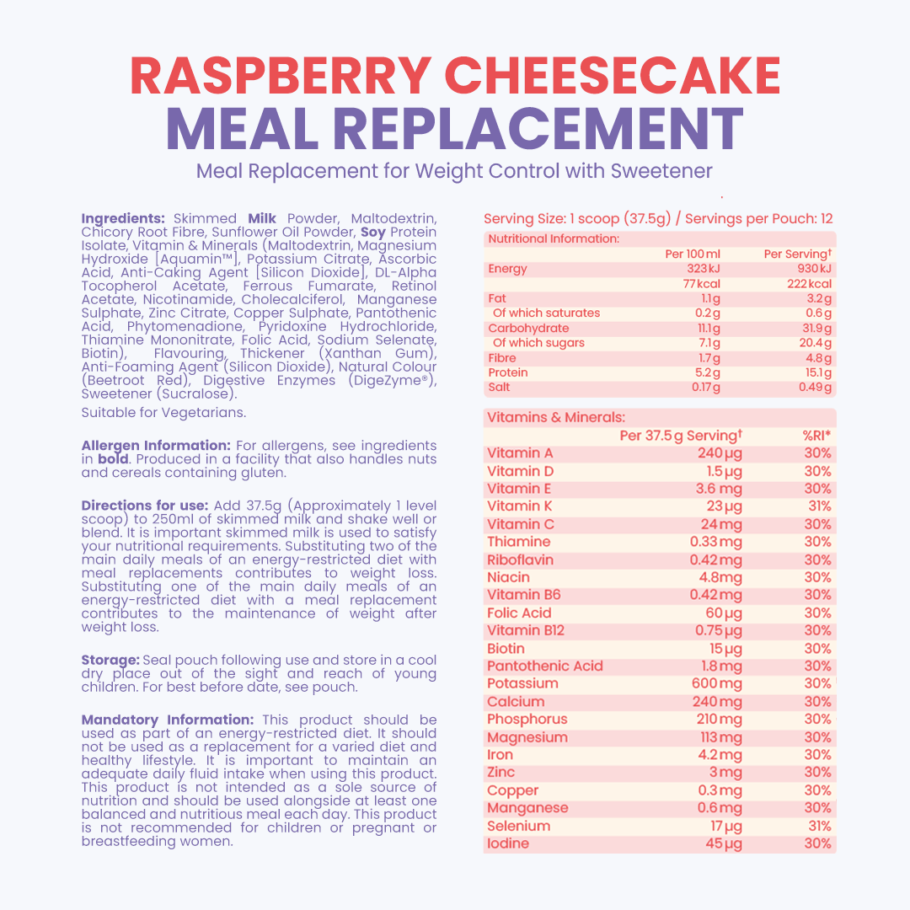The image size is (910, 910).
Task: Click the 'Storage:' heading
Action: (x=110, y=660)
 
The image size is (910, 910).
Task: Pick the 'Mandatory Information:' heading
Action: (x=167, y=720)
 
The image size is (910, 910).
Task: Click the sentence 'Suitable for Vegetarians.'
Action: (x=163, y=413)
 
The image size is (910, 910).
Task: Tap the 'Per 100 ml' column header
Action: (x=693, y=254)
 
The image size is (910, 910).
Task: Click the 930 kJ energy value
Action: (x=815, y=269)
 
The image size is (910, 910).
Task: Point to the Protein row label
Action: (x=508, y=372)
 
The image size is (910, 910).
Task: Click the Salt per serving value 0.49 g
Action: (x=815, y=388)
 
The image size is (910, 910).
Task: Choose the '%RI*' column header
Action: (x=816, y=436)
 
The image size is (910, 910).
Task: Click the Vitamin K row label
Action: (x=513, y=506)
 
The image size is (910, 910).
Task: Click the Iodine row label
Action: (x=508, y=843)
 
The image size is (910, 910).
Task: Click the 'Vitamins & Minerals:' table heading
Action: (x=556, y=417)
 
